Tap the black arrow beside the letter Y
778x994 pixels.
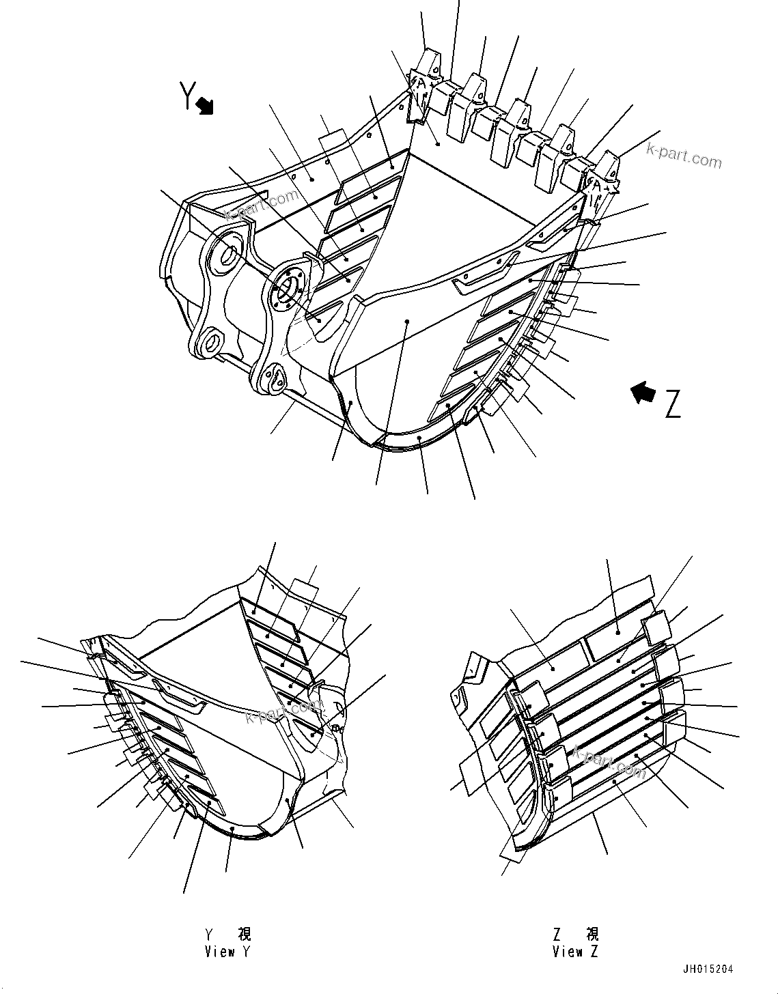205,106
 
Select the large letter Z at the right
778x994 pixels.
672,405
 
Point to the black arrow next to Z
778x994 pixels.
642,393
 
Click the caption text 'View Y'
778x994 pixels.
227,952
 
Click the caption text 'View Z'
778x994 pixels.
575,952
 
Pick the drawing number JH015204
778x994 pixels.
708,969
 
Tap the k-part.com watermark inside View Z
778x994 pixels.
609,762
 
